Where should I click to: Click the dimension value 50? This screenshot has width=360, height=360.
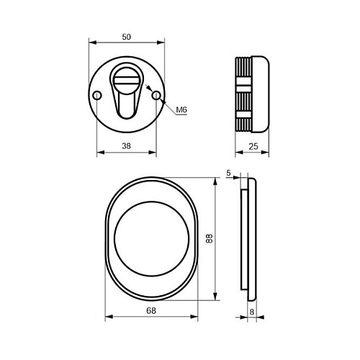(x=127, y=37)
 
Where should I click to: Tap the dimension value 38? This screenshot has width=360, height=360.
(x=126, y=145)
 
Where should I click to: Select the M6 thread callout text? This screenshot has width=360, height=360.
(x=181, y=110)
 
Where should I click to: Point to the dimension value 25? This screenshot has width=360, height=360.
(x=253, y=146)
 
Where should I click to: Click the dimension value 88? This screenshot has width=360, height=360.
(x=210, y=239)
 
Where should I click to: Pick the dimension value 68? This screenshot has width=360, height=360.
(x=151, y=310)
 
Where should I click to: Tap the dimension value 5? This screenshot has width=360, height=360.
(x=228, y=173)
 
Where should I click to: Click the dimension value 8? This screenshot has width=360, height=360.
(x=252, y=312)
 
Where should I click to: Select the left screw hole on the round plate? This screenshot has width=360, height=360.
(x=97, y=96)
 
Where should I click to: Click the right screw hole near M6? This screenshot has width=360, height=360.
(x=156, y=96)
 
